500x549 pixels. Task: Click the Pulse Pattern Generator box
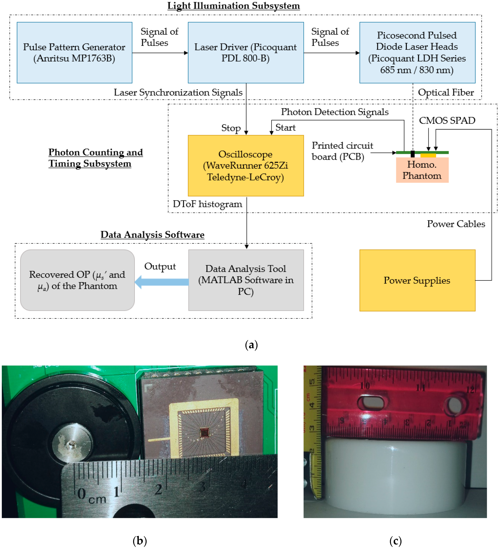(74, 53)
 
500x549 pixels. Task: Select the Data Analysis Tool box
(246, 280)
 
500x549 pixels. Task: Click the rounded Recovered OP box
(77, 280)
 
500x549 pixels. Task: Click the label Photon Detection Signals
(334, 112)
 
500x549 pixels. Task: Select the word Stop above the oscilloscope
(231, 128)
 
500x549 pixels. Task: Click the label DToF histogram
(207, 204)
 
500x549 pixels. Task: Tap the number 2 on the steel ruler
(159, 489)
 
